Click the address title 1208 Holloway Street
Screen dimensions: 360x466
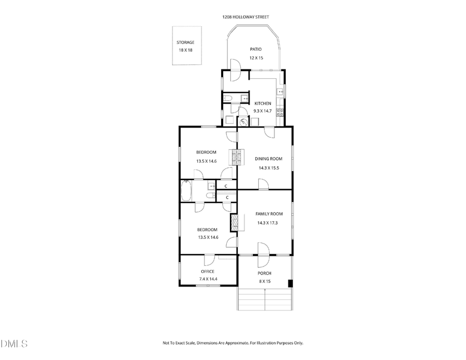(x=245, y=17)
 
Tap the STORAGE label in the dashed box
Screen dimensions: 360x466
(x=185, y=42)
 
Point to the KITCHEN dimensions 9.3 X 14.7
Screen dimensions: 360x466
(x=263, y=111)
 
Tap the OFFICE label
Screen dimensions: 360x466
(x=208, y=271)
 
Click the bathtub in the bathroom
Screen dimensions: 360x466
(x=186, y=191)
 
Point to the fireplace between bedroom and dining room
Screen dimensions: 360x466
(x=237, y=156)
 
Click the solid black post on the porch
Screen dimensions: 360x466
(x=290, y=283)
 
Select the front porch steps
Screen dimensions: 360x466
(x=265, y=299)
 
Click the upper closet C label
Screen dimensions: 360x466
(x=226, y=185)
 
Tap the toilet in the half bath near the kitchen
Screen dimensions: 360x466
(x=228, y=98)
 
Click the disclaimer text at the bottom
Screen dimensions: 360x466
(x=232, y=343)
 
